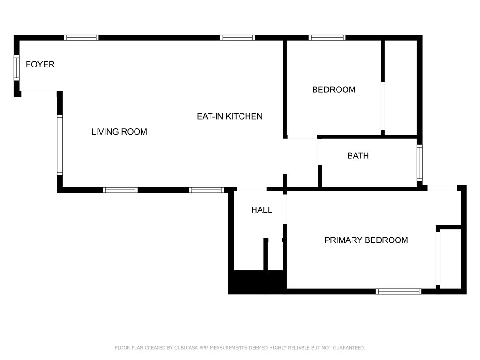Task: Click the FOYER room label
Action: point(40,64)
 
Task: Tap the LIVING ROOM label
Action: point(119,132)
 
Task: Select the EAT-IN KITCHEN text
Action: point(230,116)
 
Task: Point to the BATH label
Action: point(358,156)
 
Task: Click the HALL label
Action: point(262,210)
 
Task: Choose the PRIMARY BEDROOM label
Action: point(366,240)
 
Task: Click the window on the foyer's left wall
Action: point(16,68)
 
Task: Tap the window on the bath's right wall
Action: point(420,163)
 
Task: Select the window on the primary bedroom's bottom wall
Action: point(398,292)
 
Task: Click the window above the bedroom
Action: point(327,37)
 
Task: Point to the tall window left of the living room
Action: point(60,145)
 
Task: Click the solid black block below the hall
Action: point(257,282)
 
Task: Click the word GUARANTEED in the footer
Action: point(349,348)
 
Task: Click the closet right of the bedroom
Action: point(401,87)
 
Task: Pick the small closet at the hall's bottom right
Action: point(275,256)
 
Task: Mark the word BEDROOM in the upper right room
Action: point(334,90)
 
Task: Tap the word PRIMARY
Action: point(344,240)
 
